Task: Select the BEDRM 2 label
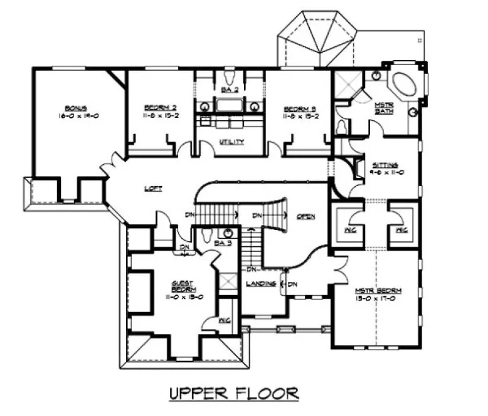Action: (x=153, y=107)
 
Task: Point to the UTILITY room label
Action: (x=231, y=142)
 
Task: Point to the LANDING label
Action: (x=258, y=284)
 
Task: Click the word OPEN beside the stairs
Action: (x=305, y=216)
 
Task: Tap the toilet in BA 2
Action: (x=230, y=78)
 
